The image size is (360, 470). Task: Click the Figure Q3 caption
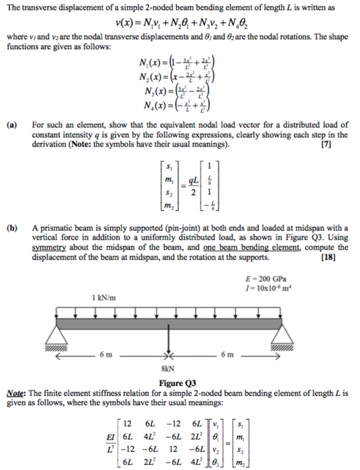(x=178, y=382)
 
